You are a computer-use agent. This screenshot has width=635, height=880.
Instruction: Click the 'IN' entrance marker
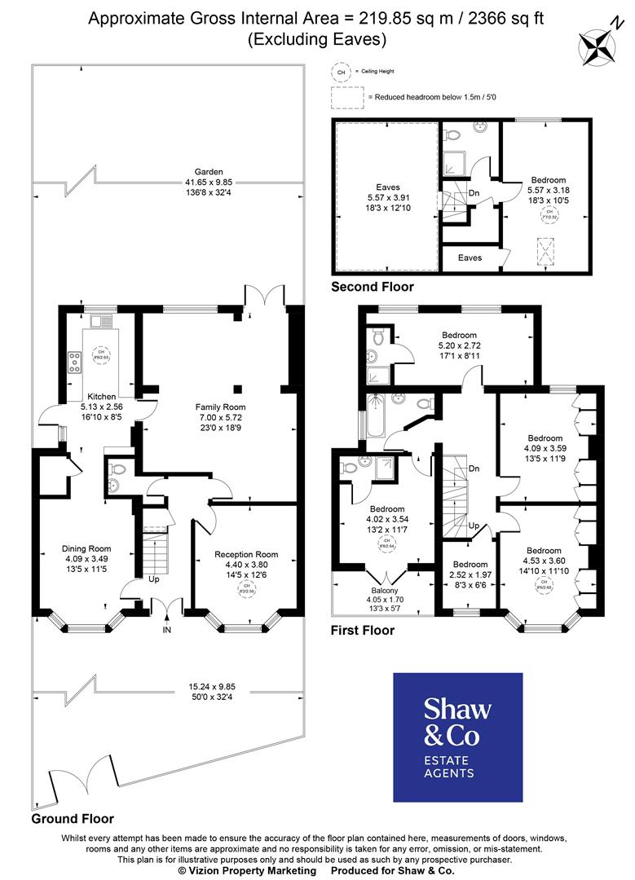167,630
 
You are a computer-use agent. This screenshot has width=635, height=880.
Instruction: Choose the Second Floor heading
372,287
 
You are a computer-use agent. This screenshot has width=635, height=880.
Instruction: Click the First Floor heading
362,630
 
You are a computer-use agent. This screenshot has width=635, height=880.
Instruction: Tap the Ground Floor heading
73,818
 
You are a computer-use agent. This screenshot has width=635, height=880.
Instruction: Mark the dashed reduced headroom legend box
347,97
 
